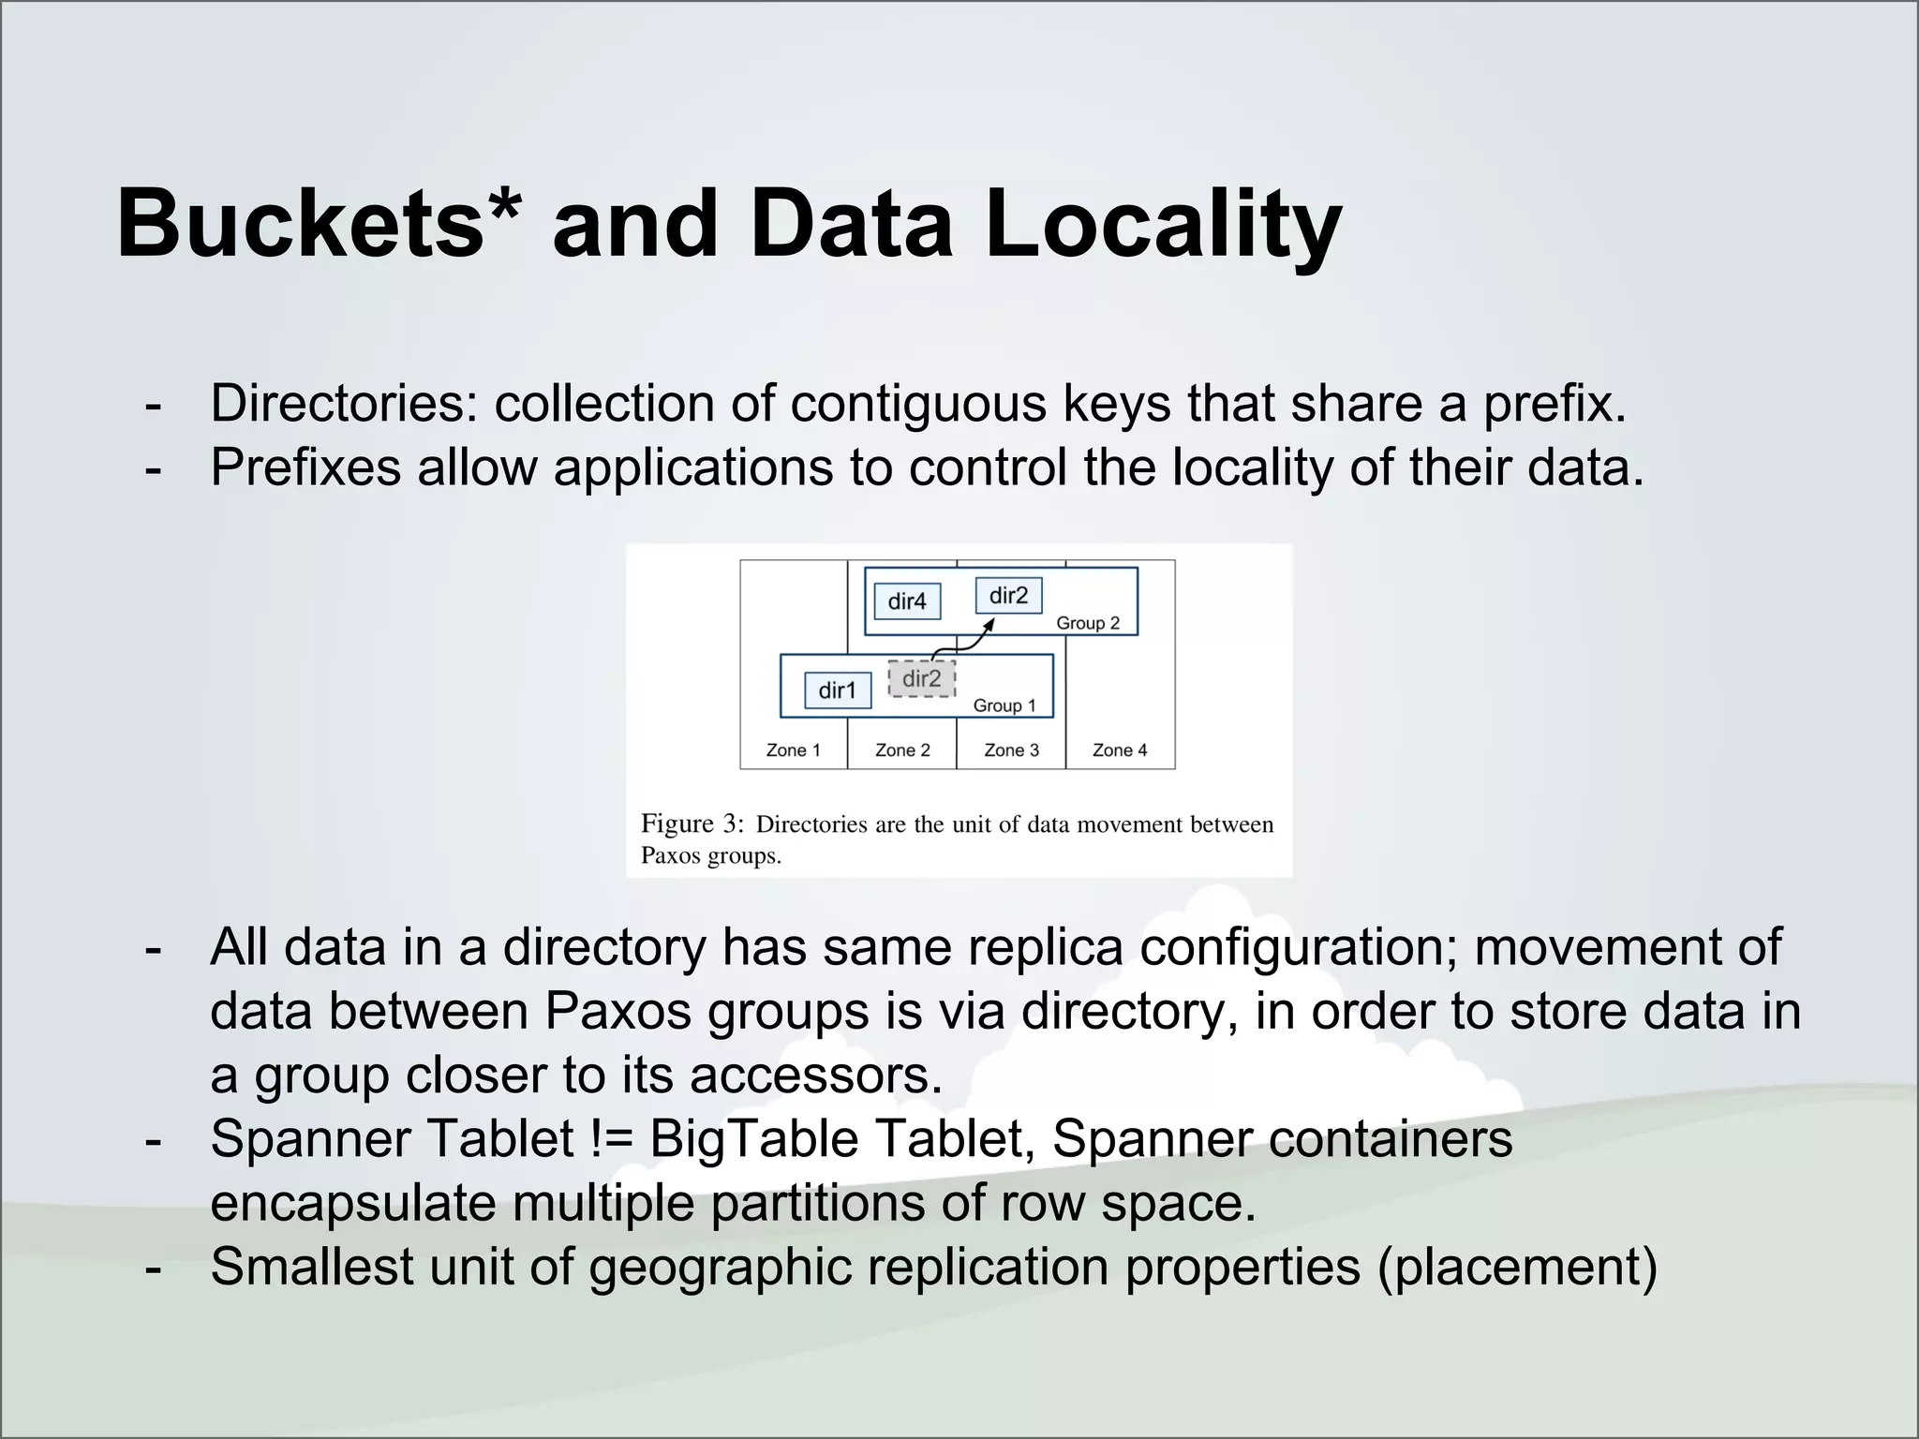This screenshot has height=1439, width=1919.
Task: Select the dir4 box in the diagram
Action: coord(907,601)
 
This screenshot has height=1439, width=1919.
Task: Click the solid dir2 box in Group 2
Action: coord(1008,596)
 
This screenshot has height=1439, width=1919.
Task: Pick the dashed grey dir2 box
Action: coord(921,679)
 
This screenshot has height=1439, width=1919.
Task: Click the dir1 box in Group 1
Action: coord(838,690)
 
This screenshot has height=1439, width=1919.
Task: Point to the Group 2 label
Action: coord(1088,623)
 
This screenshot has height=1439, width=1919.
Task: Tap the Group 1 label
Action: coord(1004,705)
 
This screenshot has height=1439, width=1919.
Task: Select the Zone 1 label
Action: coord(793,750)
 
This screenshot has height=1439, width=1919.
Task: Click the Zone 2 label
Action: coord(902,750)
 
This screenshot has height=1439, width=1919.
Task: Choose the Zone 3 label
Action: coord(1011,750)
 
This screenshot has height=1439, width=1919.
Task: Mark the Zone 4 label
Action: coord(1120,750)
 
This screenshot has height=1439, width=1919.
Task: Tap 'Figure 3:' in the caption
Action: coord(692,823)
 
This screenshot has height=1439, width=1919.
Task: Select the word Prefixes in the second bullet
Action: coord(305,467)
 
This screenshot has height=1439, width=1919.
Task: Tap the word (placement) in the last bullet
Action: coord(1517,1268)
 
